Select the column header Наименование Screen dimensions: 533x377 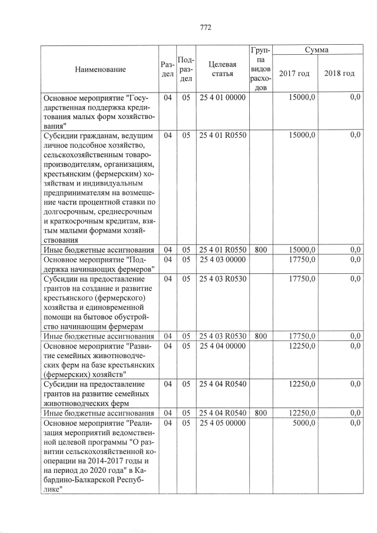click(100, 69)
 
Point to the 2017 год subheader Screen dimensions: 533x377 click(295, 74)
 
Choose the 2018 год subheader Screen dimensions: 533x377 click(339, 74)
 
